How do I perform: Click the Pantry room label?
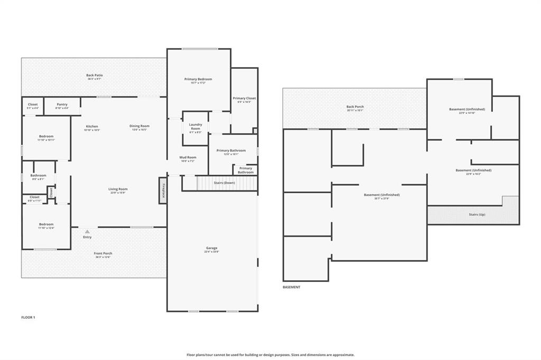[62, 105]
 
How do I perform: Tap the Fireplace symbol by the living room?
[163, 190]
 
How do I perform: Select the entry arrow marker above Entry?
[87, 231]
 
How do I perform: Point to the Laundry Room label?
[195, 127]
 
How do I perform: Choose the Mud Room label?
[188, 157]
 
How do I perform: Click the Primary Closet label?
[244, 98]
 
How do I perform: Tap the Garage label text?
[211, 248]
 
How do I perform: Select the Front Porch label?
[103, 253]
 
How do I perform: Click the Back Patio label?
[95, 75]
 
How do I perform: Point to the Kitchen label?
[92, 126]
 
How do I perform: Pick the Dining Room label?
[139, 126]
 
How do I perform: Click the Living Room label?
[118, 189]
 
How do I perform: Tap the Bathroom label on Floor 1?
[38, 175]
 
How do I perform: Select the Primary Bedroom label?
[198, 79]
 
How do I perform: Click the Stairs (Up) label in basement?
[477, 214]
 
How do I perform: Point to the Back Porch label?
[355, 107]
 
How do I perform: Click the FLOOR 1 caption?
[27, 317]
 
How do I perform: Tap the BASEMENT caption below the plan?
[292, 287]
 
